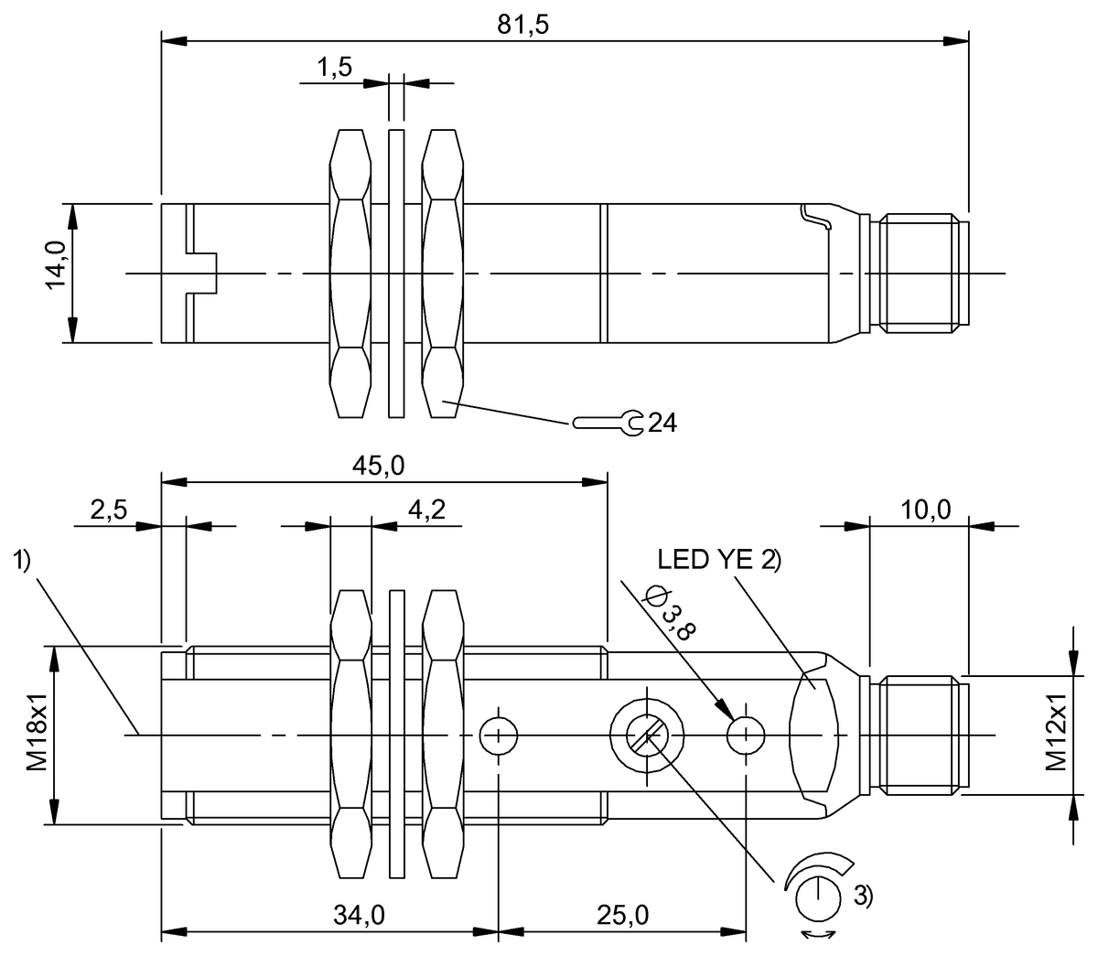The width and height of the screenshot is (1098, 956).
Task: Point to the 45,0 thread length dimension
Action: point(381,465)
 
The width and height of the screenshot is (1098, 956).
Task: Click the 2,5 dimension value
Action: point(108,510)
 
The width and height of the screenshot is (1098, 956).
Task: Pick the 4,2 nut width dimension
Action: point(425,510)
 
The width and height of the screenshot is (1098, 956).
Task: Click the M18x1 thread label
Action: point(35,736)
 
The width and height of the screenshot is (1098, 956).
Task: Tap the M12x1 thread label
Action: point(1057,736)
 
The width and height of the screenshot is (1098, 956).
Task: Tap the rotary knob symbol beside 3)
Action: point(816,897)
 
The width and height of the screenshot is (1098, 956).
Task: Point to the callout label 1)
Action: point(24,561)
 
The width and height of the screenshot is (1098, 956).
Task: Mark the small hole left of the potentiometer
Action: point(499,734)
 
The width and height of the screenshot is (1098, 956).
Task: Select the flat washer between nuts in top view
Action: point(396,273)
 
